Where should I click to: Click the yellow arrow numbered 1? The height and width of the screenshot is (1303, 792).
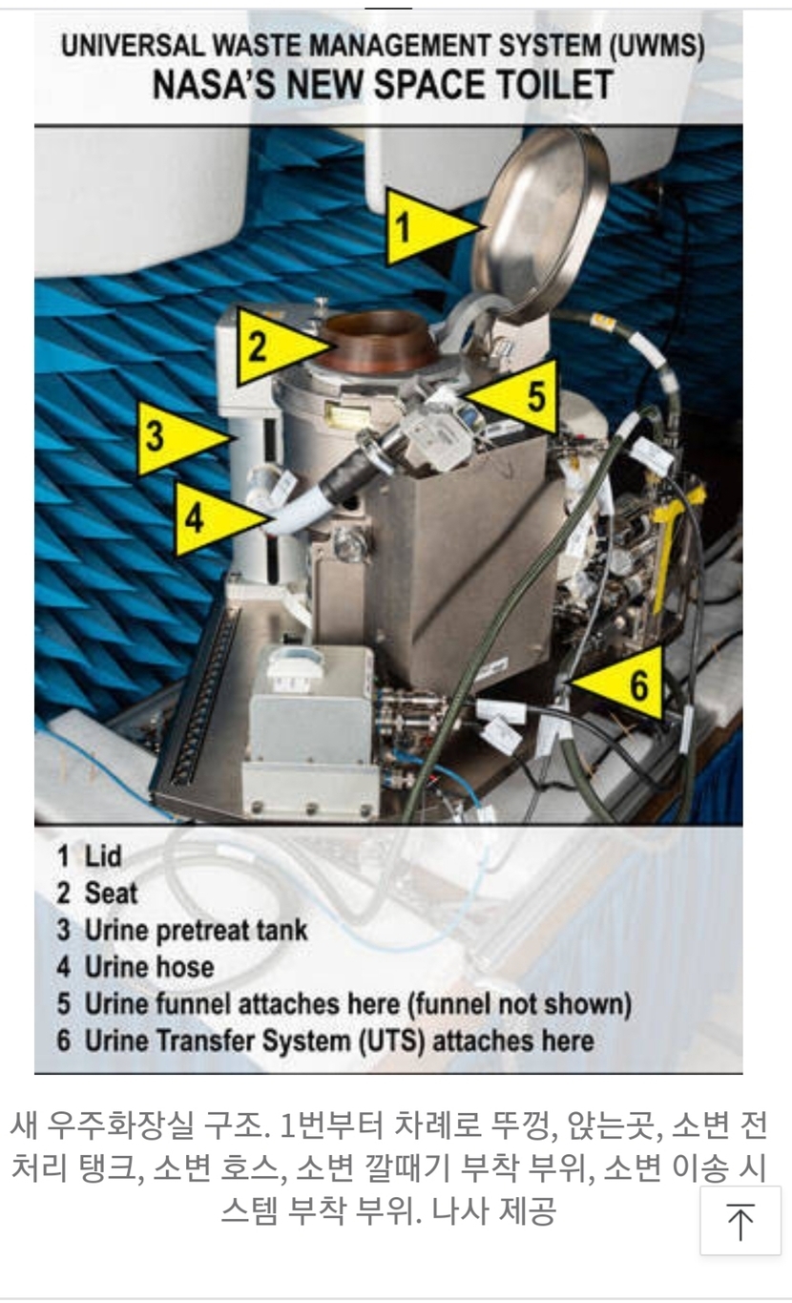click(427, 226)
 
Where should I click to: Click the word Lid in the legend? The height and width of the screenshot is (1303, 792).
click(103, 856)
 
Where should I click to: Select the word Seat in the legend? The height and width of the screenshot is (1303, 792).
click(112, 893)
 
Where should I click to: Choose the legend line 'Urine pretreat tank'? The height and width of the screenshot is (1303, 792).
click(182, 930)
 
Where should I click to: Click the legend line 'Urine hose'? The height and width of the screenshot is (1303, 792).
click(135, 967)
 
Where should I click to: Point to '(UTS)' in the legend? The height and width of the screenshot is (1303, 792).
click(391, 1040)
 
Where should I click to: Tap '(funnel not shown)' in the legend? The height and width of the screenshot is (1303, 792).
click(519, 1004)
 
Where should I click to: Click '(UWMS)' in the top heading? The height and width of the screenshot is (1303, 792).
click(657, 46)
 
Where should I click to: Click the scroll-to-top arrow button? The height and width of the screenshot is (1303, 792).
click(740, 1220)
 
